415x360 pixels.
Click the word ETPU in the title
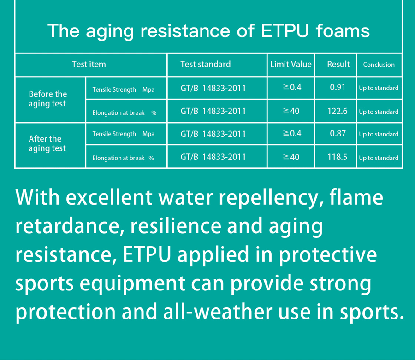[285, 31]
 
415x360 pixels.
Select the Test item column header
[89, 64]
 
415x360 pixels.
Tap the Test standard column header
[205, 64]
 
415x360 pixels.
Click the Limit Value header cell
[290, 64]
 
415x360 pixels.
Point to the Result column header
[338, 64]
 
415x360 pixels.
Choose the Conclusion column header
[379, 65]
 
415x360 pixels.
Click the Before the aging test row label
[47, 99]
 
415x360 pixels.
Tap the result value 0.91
[338, 87]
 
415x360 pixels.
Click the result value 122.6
[338, 111]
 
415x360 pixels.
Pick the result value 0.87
[338, 133]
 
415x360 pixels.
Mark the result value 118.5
[338, 157]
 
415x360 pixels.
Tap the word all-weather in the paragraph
[218, 311]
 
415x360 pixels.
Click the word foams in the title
[343, 31]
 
